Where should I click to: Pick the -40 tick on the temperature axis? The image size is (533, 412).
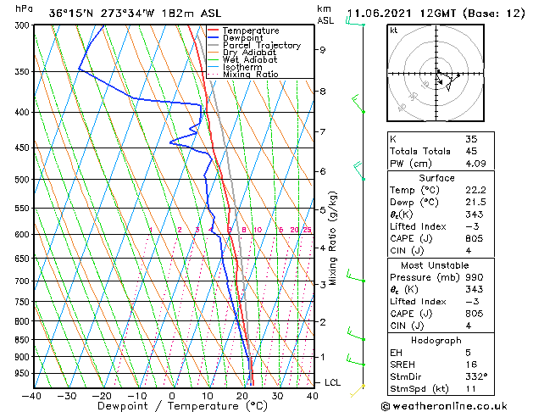point(32,395)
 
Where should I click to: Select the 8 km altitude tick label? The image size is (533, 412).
point(322,91)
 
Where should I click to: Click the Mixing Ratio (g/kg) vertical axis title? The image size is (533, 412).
point(333,238)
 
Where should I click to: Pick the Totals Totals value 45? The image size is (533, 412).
point(471,152)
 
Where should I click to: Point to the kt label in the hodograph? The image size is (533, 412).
point(393,31)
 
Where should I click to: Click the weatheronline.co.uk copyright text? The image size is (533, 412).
point(455,404)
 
